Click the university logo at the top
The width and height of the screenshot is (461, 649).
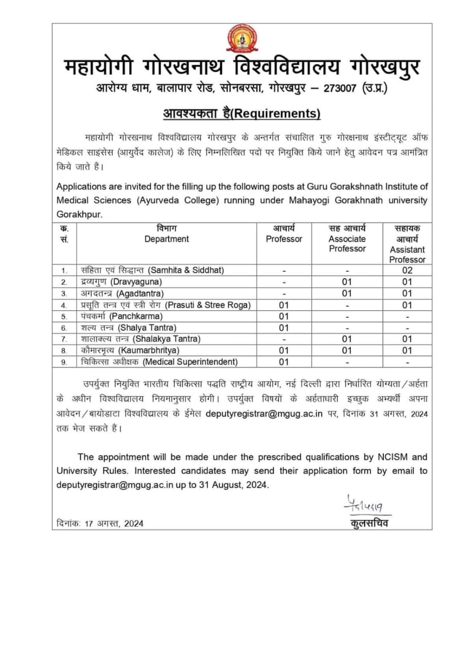(x=242, y=40)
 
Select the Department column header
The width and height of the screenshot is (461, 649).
(x=167, y=239)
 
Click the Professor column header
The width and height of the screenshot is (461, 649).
(x=284, y=239)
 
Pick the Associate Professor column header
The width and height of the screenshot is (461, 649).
(x=347, y=244)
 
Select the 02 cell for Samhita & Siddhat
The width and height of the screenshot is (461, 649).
(x=407, y=270)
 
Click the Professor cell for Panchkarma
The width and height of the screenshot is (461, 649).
(x=284, y=316)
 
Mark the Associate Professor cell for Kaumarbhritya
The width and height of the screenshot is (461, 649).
(x=347, y=350)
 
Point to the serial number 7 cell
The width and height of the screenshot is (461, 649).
(x=64, y=339)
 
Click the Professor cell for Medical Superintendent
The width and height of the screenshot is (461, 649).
(x=284, y=362)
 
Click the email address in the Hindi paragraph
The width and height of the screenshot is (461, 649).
(x=265, y=414)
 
